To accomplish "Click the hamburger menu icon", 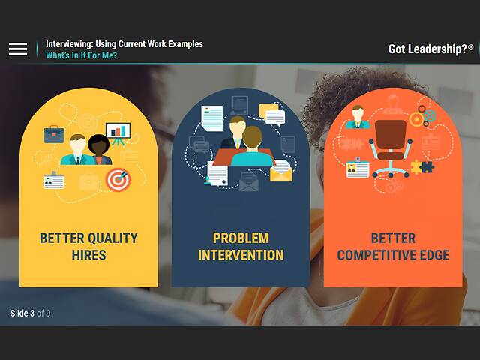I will click(x=18, y=49).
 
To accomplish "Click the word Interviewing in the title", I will click(x=70, y=44).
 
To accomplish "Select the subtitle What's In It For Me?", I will click(x=81, y=55).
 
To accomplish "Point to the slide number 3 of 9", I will click(x=31, y=313).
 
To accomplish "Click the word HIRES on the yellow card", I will click(x=88, y=255).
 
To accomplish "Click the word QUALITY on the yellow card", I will click(x=109, y=238).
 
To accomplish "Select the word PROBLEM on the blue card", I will click(x=241, y=238).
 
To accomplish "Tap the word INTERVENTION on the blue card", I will click(x=241, y=255).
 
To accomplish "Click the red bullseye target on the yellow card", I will click(x=117, y=178).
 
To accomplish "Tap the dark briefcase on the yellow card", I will click(x=53, y=134).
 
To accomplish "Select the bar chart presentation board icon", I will click(x=118, y=133).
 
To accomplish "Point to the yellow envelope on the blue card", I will click(x=280, y=173).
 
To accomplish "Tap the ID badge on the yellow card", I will click(x=54, y=180).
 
